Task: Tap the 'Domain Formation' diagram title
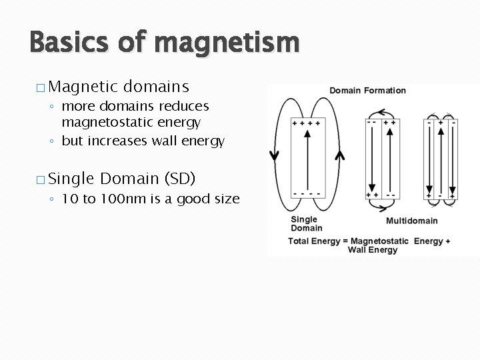(x=367, y=91)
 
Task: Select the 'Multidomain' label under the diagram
(x=412, y=221)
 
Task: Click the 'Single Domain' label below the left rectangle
(x=306, y=223)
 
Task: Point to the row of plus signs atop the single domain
(x=307, y=123)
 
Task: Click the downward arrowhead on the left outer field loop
(x=274, y=155)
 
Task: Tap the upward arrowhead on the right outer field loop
(x=339, y=156)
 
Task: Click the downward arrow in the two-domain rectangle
(x=371, y=160)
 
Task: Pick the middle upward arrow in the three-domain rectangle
(x=441, y=160)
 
